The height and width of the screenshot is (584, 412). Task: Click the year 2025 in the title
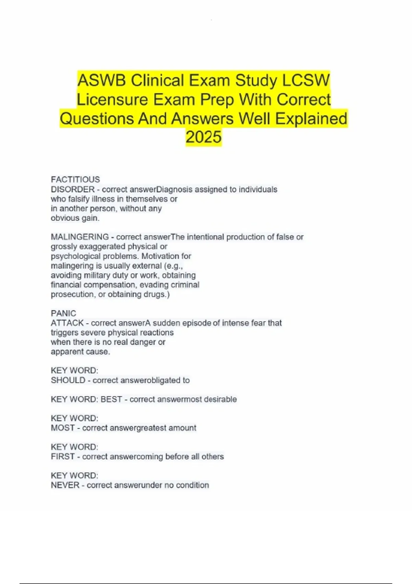point(204,137)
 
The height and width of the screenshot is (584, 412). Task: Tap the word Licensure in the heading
point(112,100)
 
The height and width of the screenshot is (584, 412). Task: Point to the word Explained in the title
point(311,119)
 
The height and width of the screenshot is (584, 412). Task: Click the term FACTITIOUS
point(75,180)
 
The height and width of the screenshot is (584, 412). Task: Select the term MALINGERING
point(80,237)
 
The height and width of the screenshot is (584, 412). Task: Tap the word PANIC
point(64,313)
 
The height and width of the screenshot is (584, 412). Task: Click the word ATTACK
point(67,323)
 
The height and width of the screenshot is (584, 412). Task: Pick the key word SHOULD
point(68,380)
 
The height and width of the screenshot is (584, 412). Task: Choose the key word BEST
point(111,399)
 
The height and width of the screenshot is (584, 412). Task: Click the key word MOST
point(62,428)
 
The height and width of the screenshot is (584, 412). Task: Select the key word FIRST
point(62,457)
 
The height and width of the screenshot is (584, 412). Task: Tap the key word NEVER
point(65,485)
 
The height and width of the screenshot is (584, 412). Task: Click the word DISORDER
point(73,189)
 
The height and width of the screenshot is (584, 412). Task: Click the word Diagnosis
point(174,189)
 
